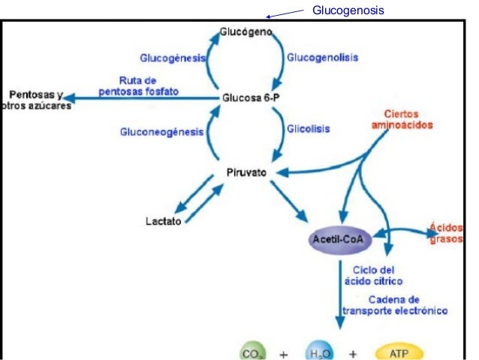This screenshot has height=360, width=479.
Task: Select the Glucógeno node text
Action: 246,33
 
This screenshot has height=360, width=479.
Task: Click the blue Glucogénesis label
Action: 173,58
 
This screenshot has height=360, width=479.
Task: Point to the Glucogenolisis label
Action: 323,57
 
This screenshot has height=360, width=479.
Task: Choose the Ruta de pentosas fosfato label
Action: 139,86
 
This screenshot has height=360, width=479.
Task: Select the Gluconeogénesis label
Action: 161,132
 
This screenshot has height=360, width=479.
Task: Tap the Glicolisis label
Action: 305,129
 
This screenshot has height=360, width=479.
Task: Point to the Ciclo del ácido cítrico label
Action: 373,275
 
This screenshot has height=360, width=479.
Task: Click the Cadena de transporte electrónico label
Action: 395,304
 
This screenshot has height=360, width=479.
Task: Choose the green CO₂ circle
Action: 252,352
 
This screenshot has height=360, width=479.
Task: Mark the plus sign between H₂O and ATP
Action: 353,353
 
